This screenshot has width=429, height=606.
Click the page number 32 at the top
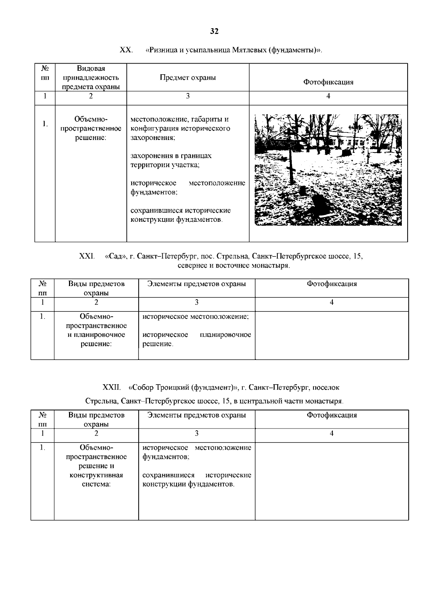coord(214,31)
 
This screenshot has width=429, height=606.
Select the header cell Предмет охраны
coord(188,77)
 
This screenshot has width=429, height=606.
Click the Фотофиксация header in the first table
coord(328,82)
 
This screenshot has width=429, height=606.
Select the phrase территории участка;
coord(165,165)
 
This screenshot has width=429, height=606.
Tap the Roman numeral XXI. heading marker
coord(87,256)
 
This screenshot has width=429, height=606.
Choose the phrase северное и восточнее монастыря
coord(233,266)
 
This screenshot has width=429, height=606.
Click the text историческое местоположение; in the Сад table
coord(196,316)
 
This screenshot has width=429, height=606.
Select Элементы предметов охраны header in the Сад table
coord(197,284)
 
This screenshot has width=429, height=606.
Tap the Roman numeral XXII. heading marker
coord(112,387)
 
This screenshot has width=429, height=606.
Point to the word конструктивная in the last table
coord(96,475)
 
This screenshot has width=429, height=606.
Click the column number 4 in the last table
coord(331,434)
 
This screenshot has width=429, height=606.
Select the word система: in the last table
coord(96,484)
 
